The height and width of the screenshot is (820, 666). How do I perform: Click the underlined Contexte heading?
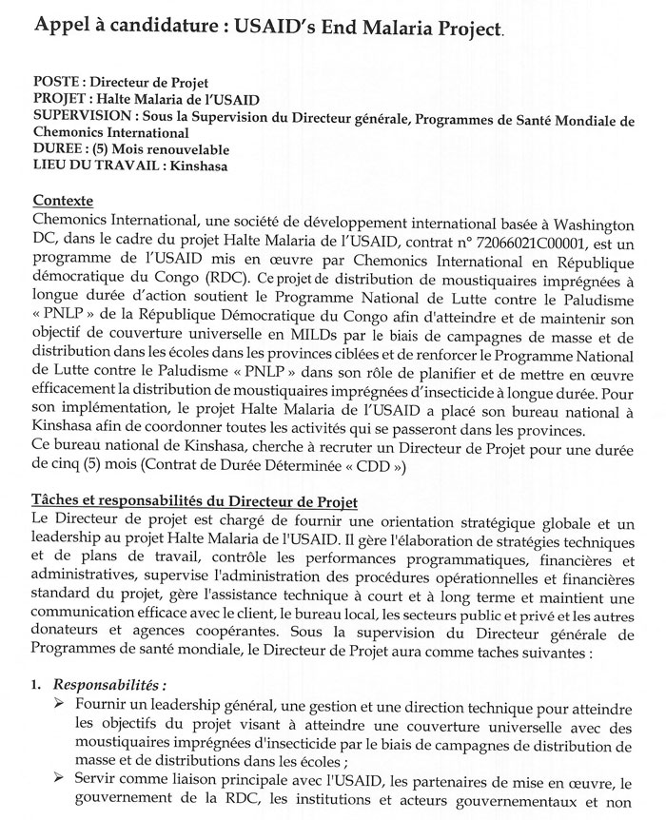click(x=63, y=202)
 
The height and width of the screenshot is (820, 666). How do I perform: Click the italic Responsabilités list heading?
click(x=109, y=685)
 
